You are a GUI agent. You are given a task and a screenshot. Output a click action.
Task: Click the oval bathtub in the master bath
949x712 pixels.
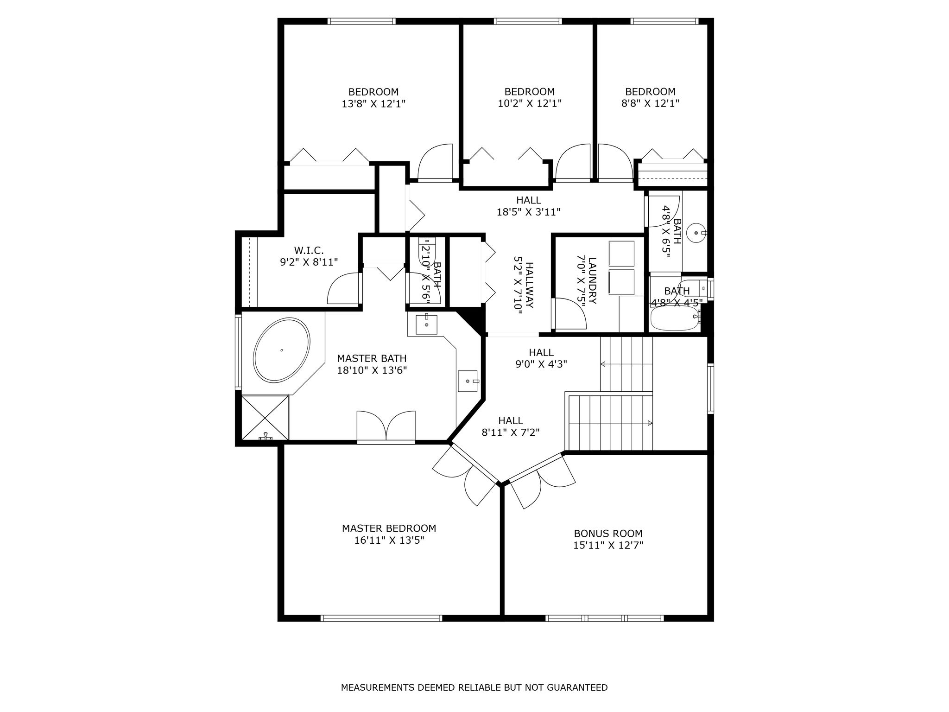(x=281, y=350)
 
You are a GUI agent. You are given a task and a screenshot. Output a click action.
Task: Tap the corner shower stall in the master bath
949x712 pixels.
(x=265, y=417)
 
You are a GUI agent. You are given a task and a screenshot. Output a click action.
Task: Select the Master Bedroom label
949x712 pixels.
(x=389, y=528)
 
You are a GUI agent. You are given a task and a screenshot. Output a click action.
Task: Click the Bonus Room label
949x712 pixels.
(x=608, y=534)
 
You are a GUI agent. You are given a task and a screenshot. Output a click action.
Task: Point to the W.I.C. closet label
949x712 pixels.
(x=309, y=250)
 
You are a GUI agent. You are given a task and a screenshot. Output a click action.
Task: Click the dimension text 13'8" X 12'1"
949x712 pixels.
(x=373, y=104)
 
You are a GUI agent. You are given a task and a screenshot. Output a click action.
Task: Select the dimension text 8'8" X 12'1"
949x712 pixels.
(x=650, y=103)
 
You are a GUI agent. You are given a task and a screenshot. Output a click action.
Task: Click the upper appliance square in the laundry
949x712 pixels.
(x=621, y=254)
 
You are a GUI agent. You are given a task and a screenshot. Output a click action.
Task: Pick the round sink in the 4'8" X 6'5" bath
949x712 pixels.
(x=696, y=233)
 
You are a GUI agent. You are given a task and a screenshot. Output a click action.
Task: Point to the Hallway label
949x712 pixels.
(x=530, y=285)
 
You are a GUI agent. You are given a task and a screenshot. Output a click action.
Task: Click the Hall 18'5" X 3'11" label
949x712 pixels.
(x=528, y=206)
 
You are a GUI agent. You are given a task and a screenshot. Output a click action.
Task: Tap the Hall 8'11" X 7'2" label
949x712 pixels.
(x=511, y=426)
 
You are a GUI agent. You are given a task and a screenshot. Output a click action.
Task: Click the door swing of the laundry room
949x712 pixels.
(x=569, y=313)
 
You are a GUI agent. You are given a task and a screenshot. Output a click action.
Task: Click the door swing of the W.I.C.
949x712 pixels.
(x=344, y=288)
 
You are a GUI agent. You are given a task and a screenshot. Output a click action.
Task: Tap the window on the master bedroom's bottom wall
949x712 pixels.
(x=381, y=618)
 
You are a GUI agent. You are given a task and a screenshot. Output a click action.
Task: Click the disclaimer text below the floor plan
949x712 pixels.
(x=474, y=687)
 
